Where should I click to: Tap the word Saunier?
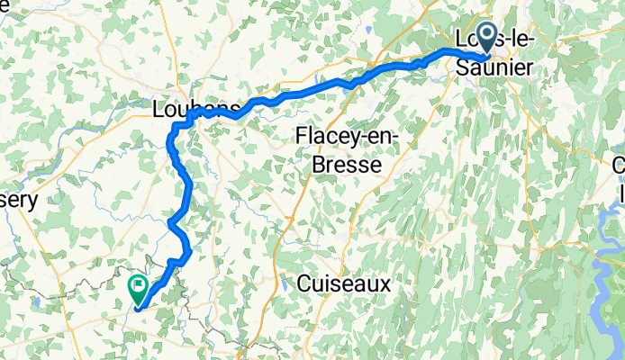[x=494, y=67]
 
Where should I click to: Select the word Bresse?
[x=346, y=166]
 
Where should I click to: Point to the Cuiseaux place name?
[x=346, y=283]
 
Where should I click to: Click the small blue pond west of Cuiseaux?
[x=285, y=284]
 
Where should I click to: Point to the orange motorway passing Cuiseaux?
[x=290, y=225]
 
